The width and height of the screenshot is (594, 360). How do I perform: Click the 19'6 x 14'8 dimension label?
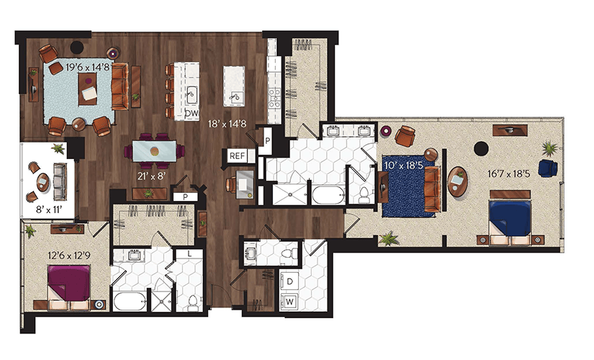point(88,68)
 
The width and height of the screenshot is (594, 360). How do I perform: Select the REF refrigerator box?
point(237,156)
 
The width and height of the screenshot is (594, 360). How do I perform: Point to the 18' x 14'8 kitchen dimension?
point(228,124)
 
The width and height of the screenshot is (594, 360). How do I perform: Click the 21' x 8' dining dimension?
point(151,176)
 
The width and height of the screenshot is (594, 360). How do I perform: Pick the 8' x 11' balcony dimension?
point(48,210)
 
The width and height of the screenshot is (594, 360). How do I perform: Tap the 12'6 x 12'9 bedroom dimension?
point(69,256)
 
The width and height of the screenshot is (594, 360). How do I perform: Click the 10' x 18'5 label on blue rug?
point(403,165)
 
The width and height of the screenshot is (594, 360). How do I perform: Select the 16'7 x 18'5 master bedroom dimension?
point(508,174)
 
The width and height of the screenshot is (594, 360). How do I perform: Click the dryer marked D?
point(290,282)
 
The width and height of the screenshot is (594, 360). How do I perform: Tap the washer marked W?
point(290,302)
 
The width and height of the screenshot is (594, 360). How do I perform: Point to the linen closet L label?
point(189,254)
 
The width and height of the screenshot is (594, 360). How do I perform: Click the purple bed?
point(68,283)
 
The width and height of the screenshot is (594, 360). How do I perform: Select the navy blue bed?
point(510,218)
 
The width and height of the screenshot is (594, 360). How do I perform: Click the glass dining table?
point(154,151)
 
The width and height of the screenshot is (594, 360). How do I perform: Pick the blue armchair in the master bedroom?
point(548,168)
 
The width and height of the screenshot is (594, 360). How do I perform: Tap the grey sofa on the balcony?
point(60,181)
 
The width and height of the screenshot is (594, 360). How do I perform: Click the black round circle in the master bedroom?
point(481,148)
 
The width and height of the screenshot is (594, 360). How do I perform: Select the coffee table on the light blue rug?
point(88,89)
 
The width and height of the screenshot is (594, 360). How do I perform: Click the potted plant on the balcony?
point(58,148)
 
